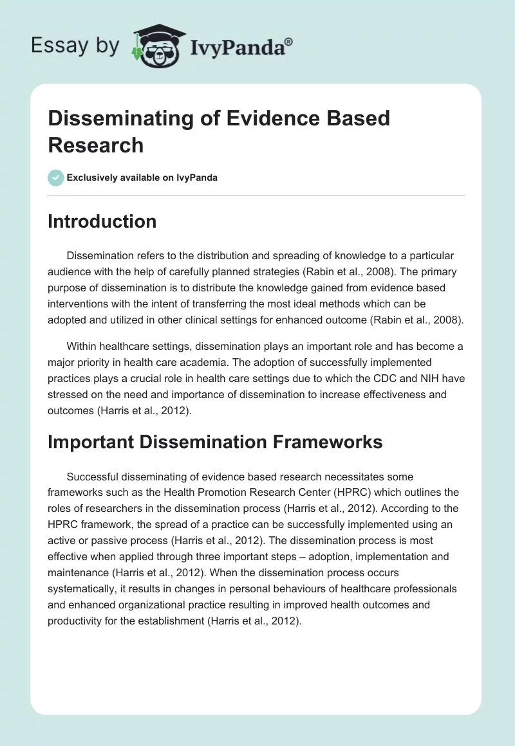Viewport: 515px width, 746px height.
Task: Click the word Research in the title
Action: coord(96,145)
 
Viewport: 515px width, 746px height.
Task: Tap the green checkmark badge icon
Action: coord(56,177)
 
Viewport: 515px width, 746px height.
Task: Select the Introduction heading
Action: coord(102,221)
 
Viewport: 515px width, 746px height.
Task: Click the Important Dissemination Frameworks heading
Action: coord(215,442)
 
